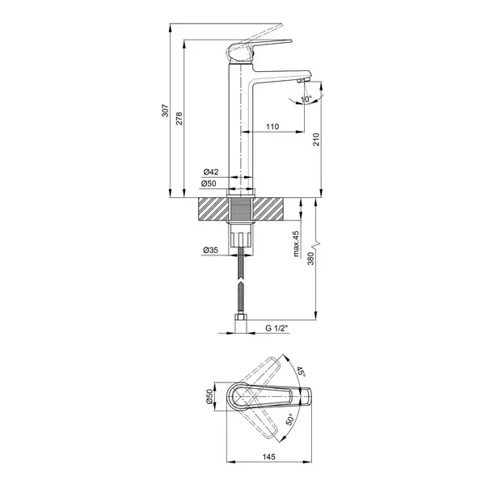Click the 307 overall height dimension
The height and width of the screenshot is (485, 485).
166,111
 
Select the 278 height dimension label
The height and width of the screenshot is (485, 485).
179,119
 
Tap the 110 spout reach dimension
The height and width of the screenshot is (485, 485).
272,127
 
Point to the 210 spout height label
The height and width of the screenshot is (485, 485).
316,139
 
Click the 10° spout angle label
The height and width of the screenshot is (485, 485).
306,99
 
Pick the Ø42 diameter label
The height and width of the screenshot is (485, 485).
211,171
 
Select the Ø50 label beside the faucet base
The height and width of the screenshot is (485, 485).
209,183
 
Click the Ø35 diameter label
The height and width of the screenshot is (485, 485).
211,250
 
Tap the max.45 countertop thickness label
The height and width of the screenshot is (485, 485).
297,244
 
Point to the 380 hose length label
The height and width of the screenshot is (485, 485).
310,259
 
